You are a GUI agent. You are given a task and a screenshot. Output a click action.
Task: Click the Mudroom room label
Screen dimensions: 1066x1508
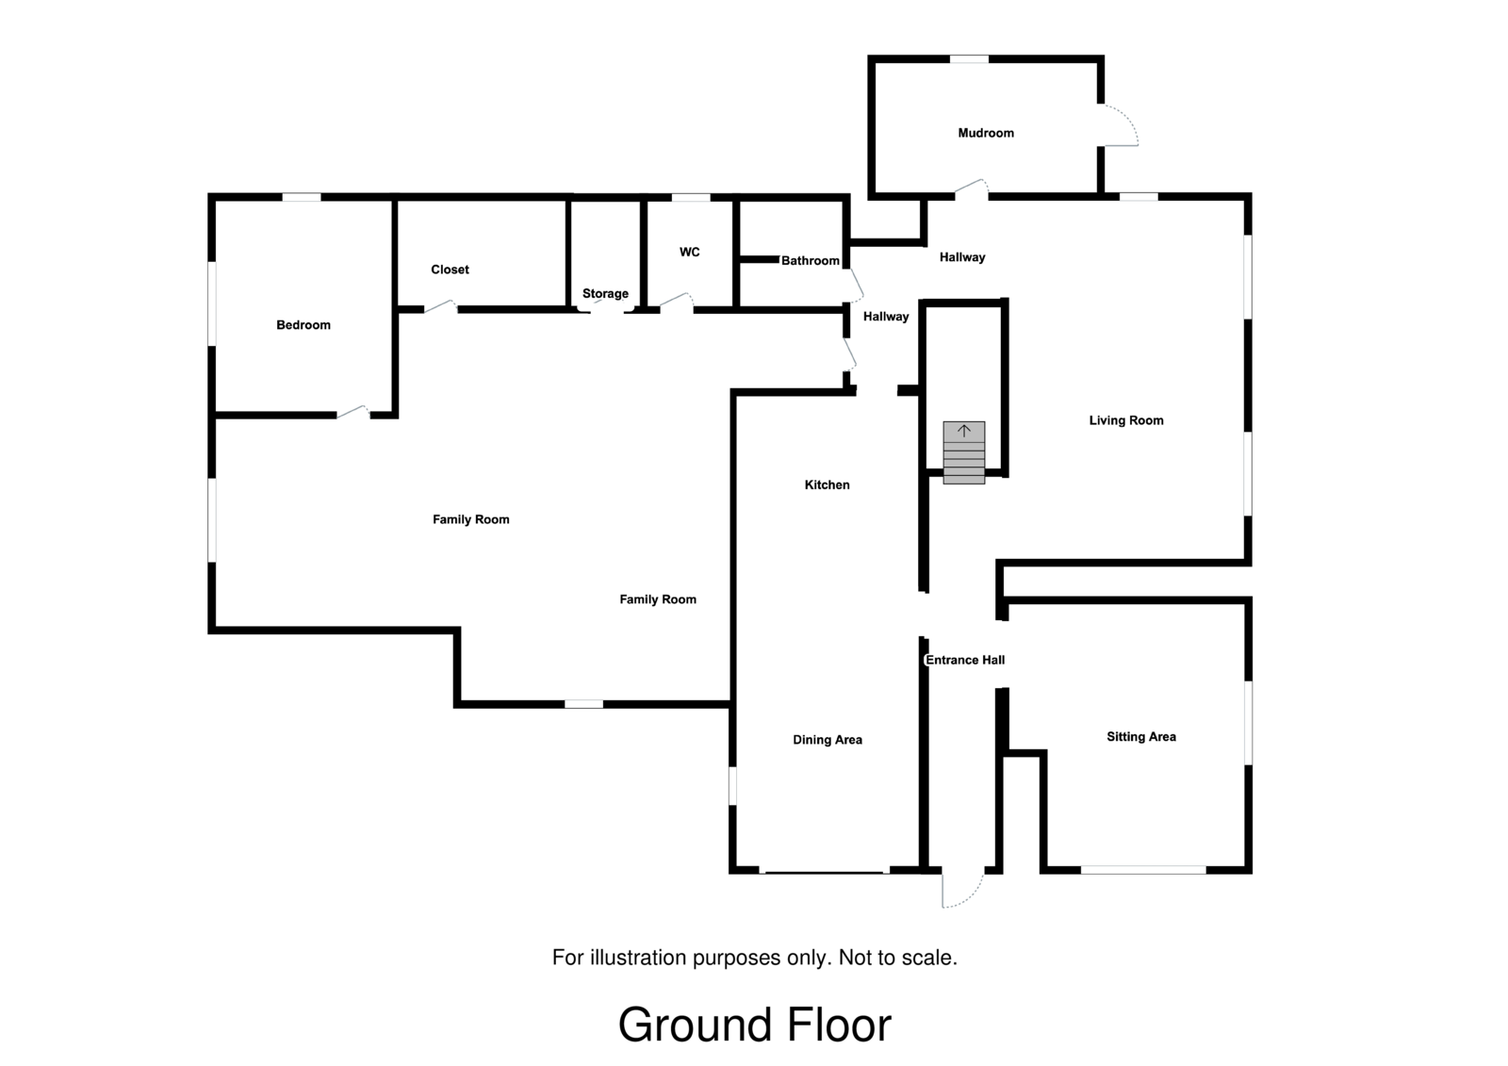pos(986,133)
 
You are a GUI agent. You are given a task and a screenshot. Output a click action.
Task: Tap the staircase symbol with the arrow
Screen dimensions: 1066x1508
pos(964,452)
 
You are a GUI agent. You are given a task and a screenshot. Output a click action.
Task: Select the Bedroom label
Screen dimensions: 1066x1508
pos(303,325)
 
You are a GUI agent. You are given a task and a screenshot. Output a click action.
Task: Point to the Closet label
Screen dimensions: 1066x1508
pos(450,270)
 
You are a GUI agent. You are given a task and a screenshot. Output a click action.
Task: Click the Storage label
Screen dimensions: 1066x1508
pos(605,293)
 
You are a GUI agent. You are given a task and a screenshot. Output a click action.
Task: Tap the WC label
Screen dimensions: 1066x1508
pos(690,252)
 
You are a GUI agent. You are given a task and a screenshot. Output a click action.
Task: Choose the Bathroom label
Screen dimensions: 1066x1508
pos(810,260)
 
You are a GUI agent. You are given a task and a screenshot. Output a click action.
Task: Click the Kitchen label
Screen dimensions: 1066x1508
pos(827,484)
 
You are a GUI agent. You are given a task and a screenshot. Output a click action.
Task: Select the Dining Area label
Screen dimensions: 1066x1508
pos(828,740)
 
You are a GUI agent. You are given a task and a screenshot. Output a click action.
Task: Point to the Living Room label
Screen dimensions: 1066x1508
pos(1126,420)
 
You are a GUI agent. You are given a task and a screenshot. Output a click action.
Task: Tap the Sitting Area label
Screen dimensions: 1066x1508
pos(1141,737)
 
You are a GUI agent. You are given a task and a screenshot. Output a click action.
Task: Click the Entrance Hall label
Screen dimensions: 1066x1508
pos(965,660)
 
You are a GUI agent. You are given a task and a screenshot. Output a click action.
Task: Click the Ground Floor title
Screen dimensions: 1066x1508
pos(754,1025)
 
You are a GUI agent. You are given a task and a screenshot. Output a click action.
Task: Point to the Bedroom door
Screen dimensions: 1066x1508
pos(352,411)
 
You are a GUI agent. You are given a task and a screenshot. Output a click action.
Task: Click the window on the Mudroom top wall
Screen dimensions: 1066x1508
pos(969,59)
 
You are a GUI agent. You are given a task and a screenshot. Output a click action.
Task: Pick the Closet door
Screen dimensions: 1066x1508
pos(440,306)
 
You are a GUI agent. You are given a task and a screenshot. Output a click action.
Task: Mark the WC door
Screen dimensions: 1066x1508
pos(675,302)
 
